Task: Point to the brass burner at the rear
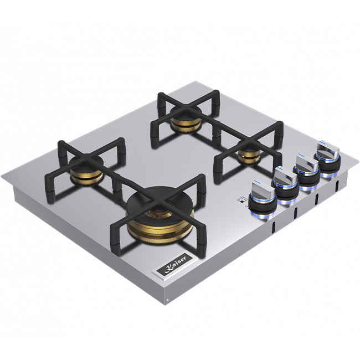pos(186,121)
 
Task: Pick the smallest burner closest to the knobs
pos(249,155)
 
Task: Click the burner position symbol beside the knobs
pos(241,199)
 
